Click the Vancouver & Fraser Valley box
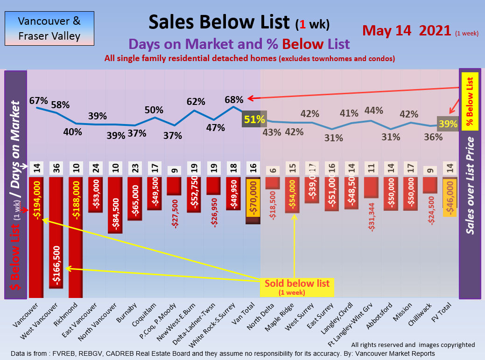(x=49, y=28)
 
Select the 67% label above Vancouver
(x=38, y=101)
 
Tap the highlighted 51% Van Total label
(x=254, y=119)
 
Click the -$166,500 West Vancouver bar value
(x=56, y=265)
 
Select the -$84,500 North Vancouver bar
(x=115, y=205)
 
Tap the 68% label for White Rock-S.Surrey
(x=233, y=99)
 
